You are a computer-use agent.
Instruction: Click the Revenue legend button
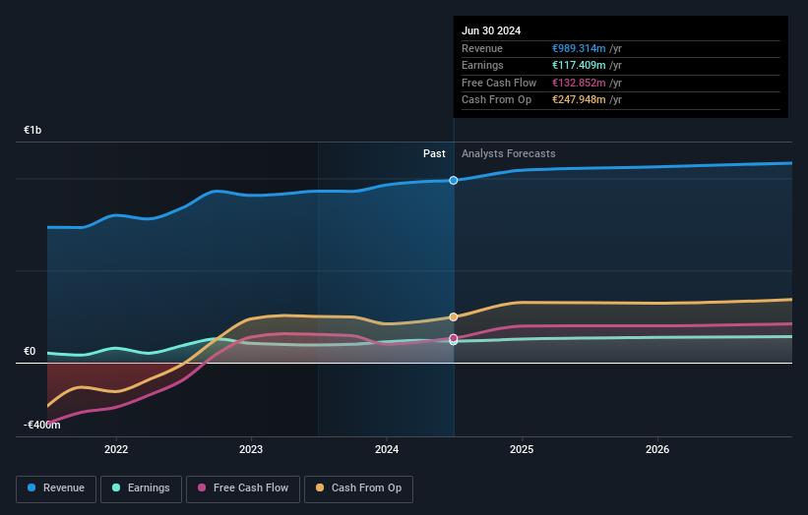pos(57,487)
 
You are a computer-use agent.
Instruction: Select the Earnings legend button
pos(142,487)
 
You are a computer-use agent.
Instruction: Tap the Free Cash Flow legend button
pos(243,487)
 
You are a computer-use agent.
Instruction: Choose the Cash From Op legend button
pos(359,487)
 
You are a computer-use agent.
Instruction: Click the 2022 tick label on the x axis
pos(116,449)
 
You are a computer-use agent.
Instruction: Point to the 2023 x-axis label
pos(251,449)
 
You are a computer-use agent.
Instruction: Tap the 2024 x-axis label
pos(387,449)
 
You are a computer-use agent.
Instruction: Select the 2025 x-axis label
pos(522,449)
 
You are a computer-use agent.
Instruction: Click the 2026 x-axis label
pos(657,449)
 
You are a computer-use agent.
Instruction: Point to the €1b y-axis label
pos(33,130)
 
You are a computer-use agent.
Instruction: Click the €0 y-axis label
pos(31,351)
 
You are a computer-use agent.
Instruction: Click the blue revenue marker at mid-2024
pos(454,180)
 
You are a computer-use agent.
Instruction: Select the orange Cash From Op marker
pos(454,316)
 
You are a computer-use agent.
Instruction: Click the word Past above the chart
pos(434,153)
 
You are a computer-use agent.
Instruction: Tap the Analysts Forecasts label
pos(508,153)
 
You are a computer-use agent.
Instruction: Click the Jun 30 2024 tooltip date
pos(490,30)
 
